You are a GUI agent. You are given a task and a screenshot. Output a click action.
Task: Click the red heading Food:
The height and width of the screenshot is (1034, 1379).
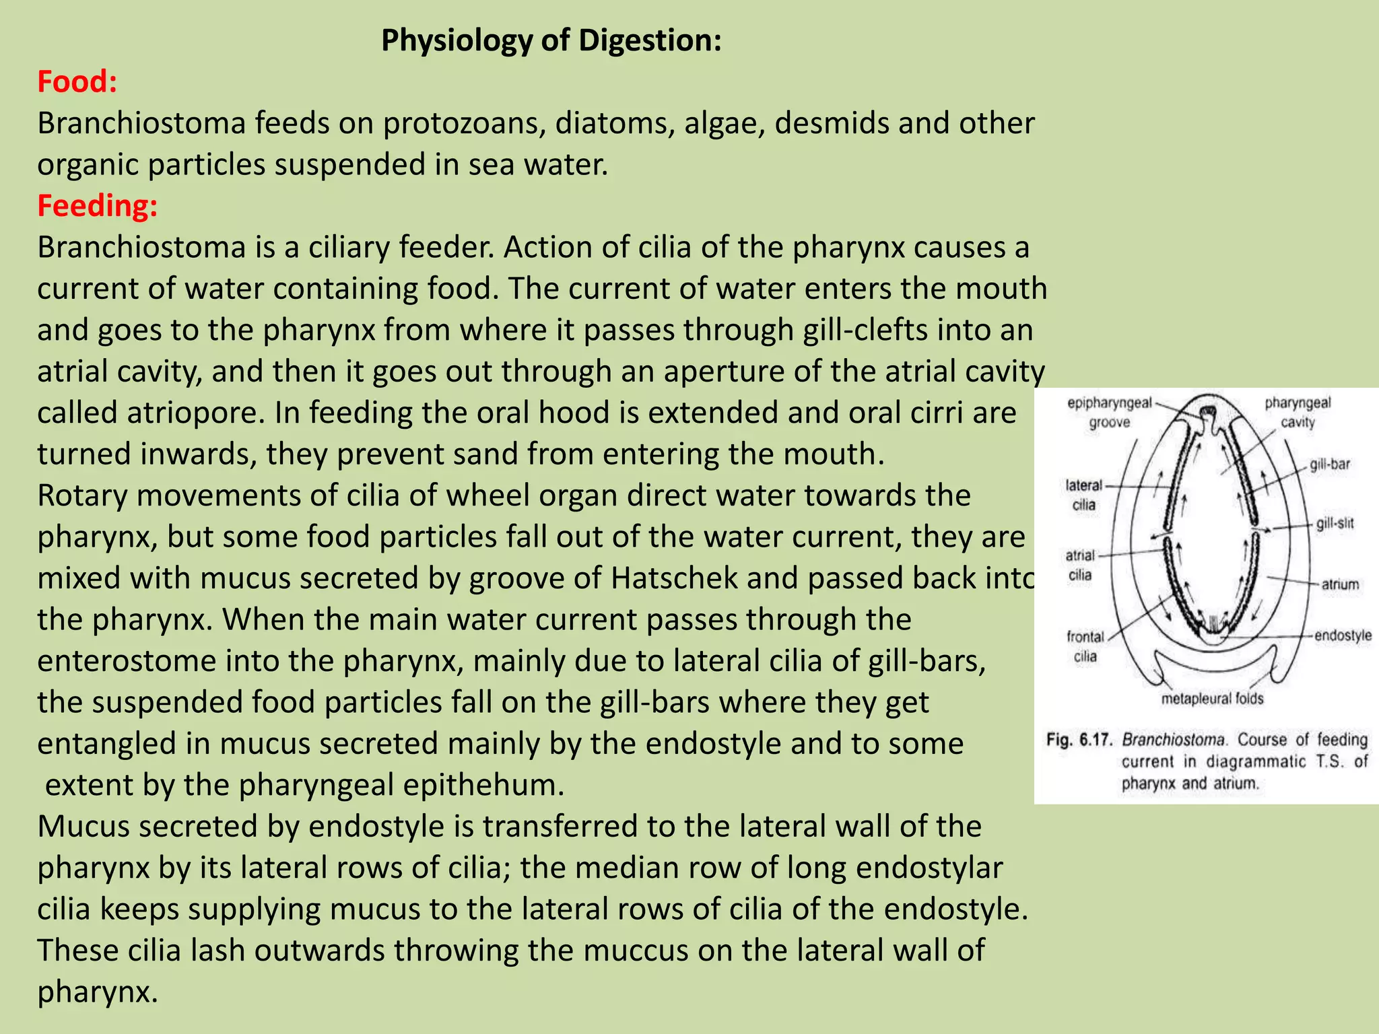click(77, 81)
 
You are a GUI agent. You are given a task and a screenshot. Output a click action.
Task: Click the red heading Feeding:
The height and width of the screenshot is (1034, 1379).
click(98, 205)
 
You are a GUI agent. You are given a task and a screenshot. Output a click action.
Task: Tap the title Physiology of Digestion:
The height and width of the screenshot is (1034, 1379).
click(551, 40)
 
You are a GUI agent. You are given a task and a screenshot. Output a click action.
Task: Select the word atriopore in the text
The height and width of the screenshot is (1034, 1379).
click(195, 413)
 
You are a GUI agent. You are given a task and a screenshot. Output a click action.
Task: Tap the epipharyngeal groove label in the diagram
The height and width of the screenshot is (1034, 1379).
click(1110, 412)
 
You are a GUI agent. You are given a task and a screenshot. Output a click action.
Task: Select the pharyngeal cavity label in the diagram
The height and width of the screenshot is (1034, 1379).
click(1298, 412)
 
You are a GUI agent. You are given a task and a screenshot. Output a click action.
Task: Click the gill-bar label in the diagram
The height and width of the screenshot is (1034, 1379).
click(1330, 464)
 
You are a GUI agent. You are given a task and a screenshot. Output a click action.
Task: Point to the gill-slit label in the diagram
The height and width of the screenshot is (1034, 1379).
click(1335, 524)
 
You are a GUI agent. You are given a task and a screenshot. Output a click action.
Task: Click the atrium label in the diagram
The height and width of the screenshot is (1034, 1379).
click(1340, 584)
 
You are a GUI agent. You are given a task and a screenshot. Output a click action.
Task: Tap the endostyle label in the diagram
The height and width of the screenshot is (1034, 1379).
click(1343, 635)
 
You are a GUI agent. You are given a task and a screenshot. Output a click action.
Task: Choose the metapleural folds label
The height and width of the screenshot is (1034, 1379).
click(1212, 699)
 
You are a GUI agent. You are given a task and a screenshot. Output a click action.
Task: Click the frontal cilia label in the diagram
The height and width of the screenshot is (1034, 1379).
click(1085, 646)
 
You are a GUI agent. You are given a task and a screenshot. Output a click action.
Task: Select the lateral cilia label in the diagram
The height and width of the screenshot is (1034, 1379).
click(1084, 495)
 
